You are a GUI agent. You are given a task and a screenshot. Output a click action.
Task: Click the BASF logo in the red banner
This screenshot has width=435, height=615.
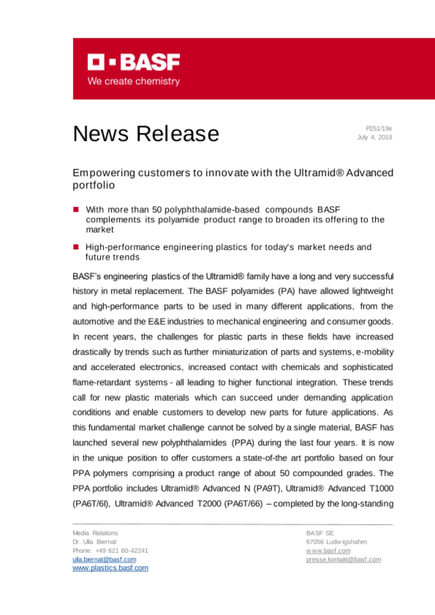tap(134, 62)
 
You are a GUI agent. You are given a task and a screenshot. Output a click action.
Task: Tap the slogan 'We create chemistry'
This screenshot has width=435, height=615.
tap(134, 81)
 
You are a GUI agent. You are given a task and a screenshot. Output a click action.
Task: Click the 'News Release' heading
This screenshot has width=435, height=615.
tap(146, 134)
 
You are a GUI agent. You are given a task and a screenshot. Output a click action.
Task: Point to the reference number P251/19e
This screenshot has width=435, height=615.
tap(379, 129)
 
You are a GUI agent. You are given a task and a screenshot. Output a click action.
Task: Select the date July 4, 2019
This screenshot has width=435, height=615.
tap(374, 137)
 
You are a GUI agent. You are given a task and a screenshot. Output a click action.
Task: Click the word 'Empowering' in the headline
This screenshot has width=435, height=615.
tap(104, 173)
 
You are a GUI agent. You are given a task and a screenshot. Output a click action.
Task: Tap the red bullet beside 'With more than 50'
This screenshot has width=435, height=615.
tap(76, 210)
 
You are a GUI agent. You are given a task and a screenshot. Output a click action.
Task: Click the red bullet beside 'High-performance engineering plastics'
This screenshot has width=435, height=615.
tap(76, 247)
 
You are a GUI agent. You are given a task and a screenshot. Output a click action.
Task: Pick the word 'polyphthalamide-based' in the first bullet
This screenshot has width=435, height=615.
tap(212, 210)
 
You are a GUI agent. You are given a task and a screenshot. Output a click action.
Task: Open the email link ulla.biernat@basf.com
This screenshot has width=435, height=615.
tap(104, 559)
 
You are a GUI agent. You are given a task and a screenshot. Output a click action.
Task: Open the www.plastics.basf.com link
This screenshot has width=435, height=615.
tap(110, 568)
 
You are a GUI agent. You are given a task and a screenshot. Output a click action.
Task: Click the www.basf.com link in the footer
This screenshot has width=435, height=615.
tap(328, 550)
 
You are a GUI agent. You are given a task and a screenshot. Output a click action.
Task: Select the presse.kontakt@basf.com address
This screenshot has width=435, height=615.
tap(343, 559)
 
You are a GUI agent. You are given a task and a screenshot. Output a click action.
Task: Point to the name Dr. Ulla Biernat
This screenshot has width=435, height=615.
tap(95, 542)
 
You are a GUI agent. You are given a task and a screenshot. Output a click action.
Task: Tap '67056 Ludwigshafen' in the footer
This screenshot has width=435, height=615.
tap(337, 542)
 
